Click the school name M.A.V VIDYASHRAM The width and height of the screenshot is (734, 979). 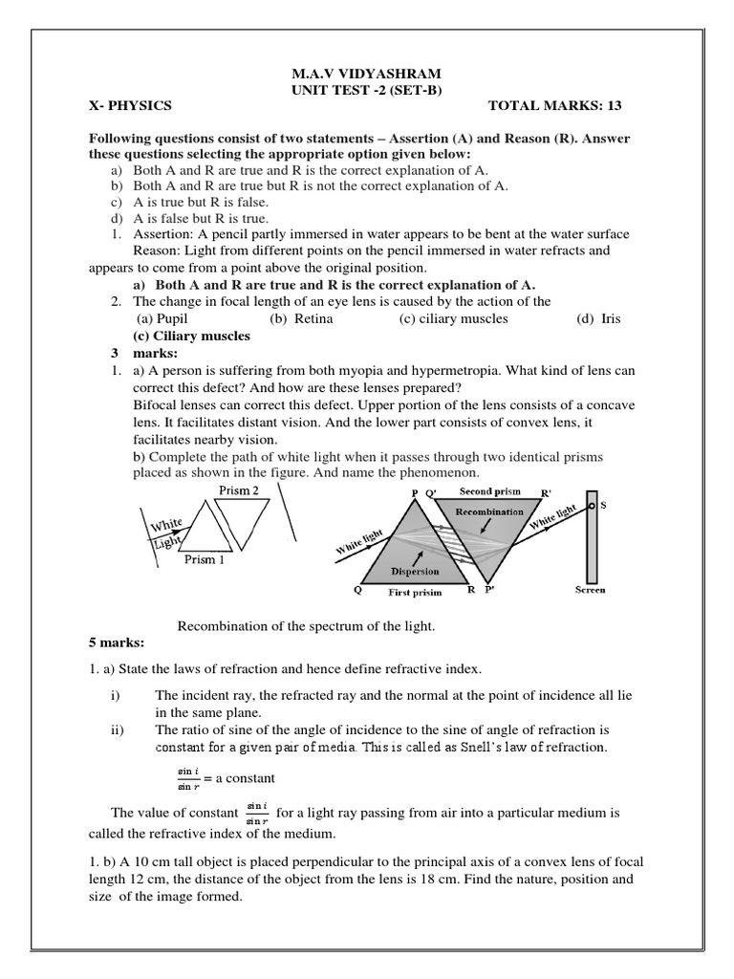point(366,74)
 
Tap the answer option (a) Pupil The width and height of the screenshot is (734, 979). point(162,318)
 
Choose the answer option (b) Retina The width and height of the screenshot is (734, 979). point(301,318)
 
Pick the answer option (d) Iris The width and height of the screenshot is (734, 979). point(598,318)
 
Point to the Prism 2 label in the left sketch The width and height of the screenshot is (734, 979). point(239,490)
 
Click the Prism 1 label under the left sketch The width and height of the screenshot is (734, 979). point(205,560)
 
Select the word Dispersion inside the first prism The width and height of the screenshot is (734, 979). point(415,572)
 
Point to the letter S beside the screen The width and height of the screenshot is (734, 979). point(603,504)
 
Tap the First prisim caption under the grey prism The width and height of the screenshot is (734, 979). point(415,593)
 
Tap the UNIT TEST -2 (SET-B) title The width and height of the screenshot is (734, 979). point(366,89)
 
